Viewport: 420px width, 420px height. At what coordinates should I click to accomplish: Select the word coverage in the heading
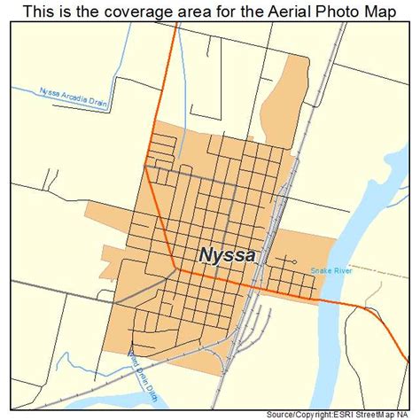coord(111,11)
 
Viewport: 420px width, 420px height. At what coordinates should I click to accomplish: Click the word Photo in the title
coord(315,11)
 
